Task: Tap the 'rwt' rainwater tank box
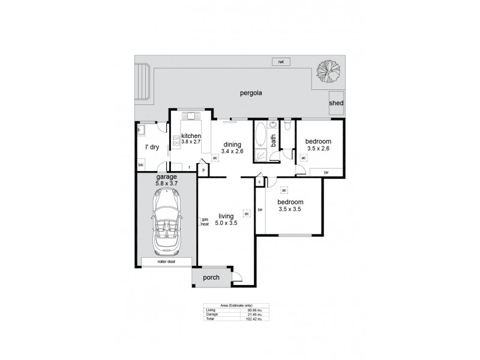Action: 280,62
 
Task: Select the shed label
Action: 336,103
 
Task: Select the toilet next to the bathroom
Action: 288,125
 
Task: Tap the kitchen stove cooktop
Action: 176,142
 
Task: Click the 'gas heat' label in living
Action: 205,221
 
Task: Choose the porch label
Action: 211,277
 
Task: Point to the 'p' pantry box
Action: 203,170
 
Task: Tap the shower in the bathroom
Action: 262,155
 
